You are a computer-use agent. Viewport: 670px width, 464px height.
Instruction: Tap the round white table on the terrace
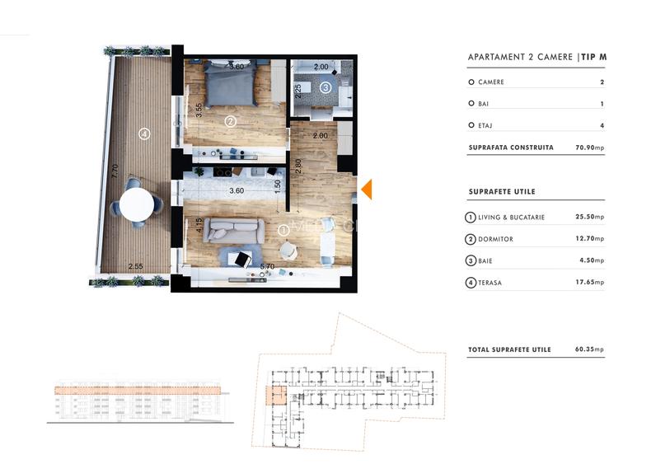pyautogui.click(x=137, y=202)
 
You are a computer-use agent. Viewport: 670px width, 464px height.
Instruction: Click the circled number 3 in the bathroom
pyautogui.click(x=326, y=87)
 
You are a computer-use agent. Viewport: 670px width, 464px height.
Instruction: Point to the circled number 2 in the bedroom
pyautogui.click(x=231, y=121)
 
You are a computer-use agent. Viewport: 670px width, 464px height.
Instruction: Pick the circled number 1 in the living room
pyautogui.click(x=283, y=231)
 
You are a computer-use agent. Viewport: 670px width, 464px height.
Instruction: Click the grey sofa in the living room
pyautogui.click(x=233, y=228)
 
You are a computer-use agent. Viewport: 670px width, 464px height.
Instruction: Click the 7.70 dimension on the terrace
pyautogui.click(x=116, y=172)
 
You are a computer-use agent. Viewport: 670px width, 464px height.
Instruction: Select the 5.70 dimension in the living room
pyautogui.click(x=267, y=266)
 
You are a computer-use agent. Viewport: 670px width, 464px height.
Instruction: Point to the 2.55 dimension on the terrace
pyautogui.click(x=135, y=266)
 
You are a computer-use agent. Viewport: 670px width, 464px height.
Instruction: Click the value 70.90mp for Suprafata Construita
pyautogui.click(x=589, y=148)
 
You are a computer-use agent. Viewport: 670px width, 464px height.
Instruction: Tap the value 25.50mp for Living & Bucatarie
pyautogui.click(x=589, y=218)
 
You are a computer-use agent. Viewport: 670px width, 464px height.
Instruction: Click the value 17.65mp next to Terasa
pyautogui.click(x=589, y=283)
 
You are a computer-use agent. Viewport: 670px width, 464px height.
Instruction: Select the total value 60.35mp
pyautogui.click(x=589, y=349)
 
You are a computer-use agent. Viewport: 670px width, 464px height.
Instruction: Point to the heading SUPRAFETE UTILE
pyautogui.click(x=501, y=191)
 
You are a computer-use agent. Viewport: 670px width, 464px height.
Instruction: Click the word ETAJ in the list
pyautogui.click(x=486, y=125)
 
